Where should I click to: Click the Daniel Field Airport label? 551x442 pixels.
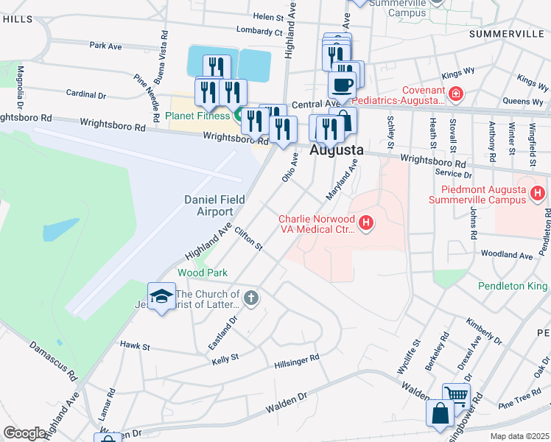tap(208, 206)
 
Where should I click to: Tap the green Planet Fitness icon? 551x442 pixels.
tap(239, 115)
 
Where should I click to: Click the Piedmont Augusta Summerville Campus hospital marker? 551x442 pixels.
tap(538, 194)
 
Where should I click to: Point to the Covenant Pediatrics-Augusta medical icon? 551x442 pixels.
tap(456, 94)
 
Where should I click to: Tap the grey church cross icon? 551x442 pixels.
tap(250, 298)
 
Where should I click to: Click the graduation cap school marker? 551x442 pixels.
tap(162, 295)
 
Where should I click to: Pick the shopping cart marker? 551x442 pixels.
tap(456, 395)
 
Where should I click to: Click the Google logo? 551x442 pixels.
tap(24, 433)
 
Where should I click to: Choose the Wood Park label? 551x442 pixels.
tap(203, 273)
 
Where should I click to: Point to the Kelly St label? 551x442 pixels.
tap(225, 358)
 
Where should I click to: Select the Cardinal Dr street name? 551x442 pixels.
tap(86, 94)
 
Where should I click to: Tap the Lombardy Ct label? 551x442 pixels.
tap(259, 31)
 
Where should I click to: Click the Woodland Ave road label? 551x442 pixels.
tap(506, 255)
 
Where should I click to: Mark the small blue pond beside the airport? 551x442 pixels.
tap(60, 229)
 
